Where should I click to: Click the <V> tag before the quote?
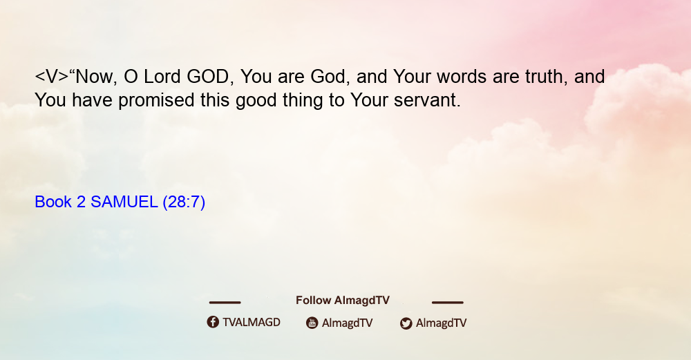point(52,77)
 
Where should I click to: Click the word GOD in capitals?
point(207,77)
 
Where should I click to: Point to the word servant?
point(427,100)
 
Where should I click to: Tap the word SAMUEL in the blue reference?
point(124,202)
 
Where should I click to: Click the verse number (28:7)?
point(184,202)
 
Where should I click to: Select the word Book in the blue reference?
point(53,202)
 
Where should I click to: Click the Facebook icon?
point(213,322)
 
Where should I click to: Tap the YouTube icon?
point(312,323)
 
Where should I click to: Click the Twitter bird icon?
point(406,323)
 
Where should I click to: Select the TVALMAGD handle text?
point(252,323)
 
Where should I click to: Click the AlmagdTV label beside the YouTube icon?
point(348,323)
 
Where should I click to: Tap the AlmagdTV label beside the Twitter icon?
point(441,323)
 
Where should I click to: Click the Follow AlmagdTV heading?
point(343,301)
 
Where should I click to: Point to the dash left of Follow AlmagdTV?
point(225,302)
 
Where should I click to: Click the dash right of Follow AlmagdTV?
point(447,302)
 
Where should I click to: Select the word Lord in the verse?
point(162,77)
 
